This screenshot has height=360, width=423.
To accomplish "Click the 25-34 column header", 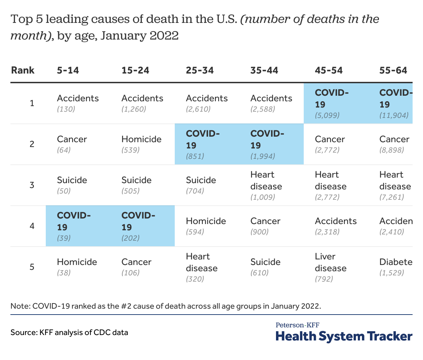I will [200, 70].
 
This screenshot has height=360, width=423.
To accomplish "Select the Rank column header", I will [23, 70].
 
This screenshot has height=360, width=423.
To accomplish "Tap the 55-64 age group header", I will [393, 70].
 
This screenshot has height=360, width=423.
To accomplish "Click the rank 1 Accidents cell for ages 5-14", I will [78, 103].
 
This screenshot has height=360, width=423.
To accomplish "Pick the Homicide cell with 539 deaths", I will [141, 144].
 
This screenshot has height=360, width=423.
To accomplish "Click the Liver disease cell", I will [330, 267].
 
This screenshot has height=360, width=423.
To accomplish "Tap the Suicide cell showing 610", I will [265, 267].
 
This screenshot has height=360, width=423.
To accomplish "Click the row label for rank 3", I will [32, 185].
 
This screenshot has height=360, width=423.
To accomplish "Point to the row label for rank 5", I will [32, 267].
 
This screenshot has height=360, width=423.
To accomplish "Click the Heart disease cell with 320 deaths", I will [201, 267].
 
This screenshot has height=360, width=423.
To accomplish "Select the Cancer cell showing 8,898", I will [394, 144].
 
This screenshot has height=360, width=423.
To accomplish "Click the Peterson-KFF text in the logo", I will [297, 325].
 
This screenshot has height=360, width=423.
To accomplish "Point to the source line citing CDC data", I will [69, 332].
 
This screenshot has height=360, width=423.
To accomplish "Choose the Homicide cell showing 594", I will [206, 226].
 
